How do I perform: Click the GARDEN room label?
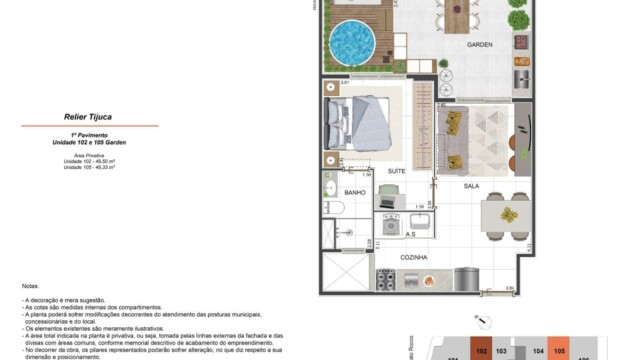pyautogui.click(x=481, y=46)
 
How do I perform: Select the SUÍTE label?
pyautogui.click(x=396, y=171)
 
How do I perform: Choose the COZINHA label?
pyautogui.click(x=413, y=257)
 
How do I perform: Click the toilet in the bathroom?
pyautogui.click(x=336, y=208)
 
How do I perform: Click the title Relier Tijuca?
pyautogui.click(x=88, y=116)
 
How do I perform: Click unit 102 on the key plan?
pyautogui.click(x=482, y=351)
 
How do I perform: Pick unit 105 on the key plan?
pyautogui.click(x=559, y=351)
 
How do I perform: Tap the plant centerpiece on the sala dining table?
pyautogui.click(x=508, y=215)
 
